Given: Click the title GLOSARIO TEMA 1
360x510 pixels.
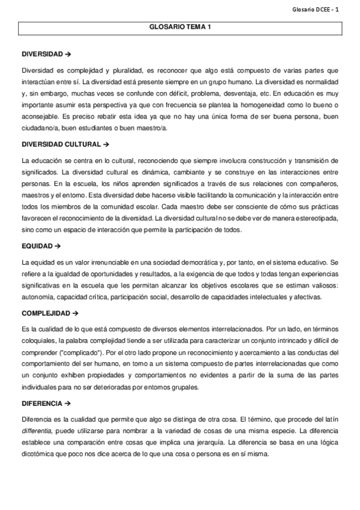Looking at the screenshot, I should click(x=180, y=27).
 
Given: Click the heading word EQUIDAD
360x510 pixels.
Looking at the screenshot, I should click(x=37, y=246).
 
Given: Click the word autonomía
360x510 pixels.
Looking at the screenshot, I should click(x=38, y=296).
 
